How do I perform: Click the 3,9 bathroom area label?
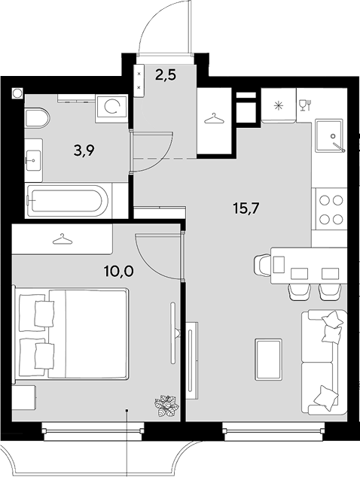[x=84, y=150]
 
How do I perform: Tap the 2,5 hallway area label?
[x=166, y=74]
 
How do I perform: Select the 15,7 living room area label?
[x=246, y=208]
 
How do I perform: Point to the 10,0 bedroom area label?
[x=118, y=271]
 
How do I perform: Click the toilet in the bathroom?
[x=37, y=117]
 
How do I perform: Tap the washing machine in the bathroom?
[x=111, y=108]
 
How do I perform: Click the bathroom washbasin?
[x=33, y=160]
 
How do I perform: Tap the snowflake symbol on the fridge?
[x=278, y=106]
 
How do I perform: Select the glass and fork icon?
[x=305, y=105]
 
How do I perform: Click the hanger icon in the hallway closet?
[x=215, y=119]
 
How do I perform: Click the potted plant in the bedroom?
[x=166, y=406]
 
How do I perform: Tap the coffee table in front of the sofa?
[x=267, y=360]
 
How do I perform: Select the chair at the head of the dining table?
[x=262, y=265]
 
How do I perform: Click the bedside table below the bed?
[x=24, y=397]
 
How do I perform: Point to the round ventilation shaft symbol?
[x=17, y=93]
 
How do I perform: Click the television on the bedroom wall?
[x=174, y=333]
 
